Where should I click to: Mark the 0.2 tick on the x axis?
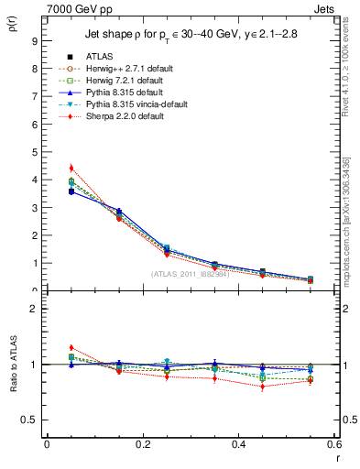(x=142, y=446)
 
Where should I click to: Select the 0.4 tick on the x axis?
(x=238, y=446)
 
